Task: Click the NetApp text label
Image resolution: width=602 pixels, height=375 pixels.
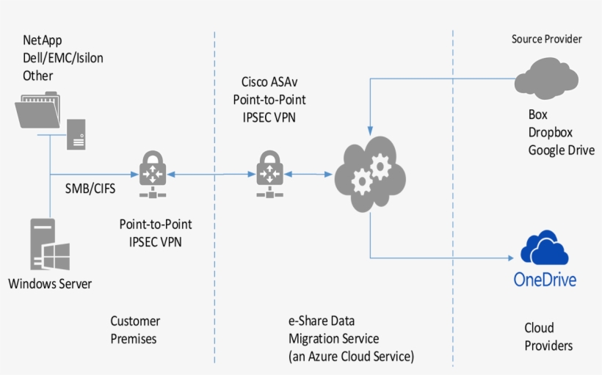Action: (41, 41)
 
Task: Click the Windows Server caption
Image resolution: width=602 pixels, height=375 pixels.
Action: (51, 283)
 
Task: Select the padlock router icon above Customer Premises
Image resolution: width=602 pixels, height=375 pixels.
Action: (153, 174)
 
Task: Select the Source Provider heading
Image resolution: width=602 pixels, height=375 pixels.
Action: (546, 39)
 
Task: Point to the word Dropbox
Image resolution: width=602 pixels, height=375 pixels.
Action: (550, 132)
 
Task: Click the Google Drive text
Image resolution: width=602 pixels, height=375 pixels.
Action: (561, 150)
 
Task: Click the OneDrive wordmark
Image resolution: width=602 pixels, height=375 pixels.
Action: (545, 280)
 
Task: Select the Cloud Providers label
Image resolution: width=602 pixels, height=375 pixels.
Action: (548, 337)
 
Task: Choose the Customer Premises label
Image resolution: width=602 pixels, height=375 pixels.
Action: (135, 330)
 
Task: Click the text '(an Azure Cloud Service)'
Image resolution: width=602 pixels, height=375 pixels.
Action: (352, 357)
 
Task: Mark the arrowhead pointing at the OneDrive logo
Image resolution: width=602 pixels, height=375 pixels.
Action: (510, 258)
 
